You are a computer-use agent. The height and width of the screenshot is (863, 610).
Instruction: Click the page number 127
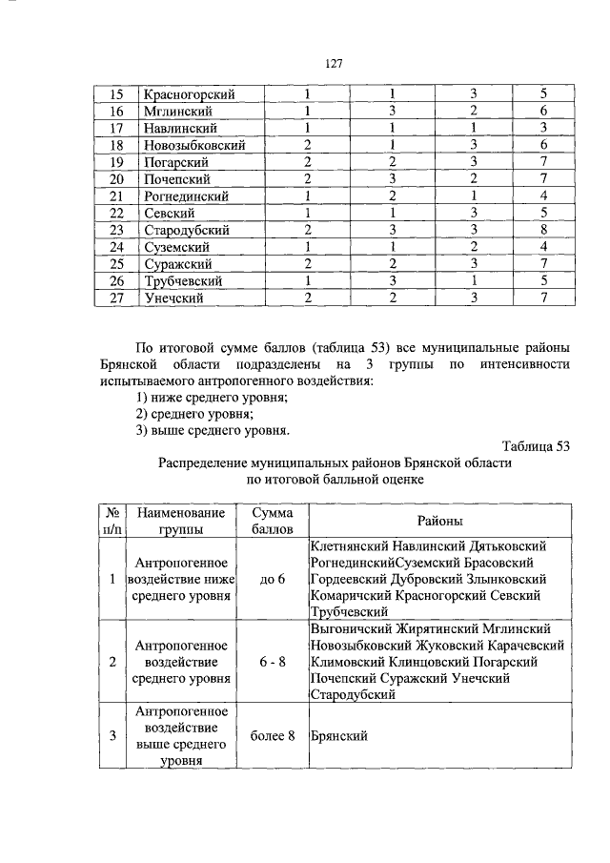334,64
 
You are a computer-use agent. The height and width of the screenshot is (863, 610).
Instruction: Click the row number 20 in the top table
116,179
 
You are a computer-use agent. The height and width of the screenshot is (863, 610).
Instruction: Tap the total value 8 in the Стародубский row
542,230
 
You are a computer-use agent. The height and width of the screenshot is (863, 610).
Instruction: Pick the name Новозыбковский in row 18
195,145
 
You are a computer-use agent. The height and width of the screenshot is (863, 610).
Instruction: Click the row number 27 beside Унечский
116,298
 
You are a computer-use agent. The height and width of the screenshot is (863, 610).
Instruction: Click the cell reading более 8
273,735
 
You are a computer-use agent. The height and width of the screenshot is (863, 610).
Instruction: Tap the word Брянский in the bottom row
339,735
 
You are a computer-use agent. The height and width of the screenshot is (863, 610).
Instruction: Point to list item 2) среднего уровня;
193,413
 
